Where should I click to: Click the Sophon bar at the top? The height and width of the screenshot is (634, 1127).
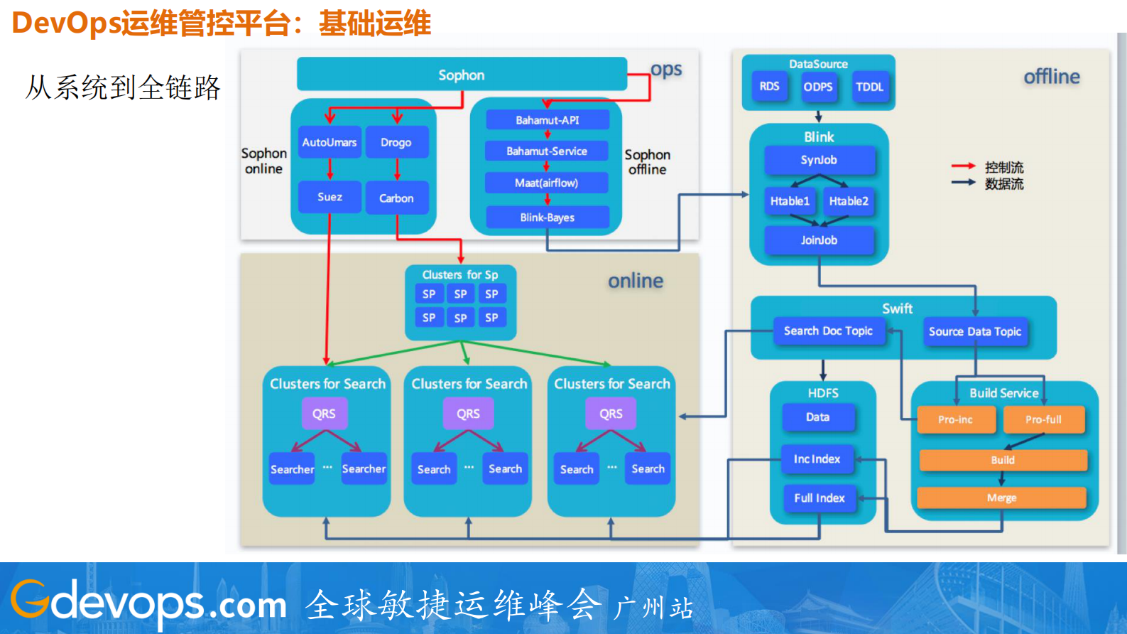462,75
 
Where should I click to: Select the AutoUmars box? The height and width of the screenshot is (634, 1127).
330,142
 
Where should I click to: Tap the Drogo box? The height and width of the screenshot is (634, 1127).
396,142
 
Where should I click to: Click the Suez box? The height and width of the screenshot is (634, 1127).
330,197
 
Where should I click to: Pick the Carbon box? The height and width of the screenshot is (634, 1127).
396,198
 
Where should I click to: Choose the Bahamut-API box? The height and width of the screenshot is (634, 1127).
547,120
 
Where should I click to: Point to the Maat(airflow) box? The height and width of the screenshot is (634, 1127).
546,183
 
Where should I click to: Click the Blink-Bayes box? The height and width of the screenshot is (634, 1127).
547,217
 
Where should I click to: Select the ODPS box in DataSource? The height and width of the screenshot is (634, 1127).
818,87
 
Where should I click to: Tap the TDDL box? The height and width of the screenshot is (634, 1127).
869,87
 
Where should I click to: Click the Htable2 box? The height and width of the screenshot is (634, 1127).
849,201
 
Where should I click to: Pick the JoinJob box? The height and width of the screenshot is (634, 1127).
819,240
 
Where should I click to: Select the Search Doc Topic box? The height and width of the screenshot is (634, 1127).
828,331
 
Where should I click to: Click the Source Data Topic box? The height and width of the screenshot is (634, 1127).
974,331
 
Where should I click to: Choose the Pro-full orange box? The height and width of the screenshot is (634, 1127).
1043,419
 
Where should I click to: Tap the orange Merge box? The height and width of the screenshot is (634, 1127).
1001,498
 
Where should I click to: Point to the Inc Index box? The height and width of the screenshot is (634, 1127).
817,459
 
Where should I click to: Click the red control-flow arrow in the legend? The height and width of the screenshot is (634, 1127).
963,166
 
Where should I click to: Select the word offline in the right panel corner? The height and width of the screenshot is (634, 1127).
1051,77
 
